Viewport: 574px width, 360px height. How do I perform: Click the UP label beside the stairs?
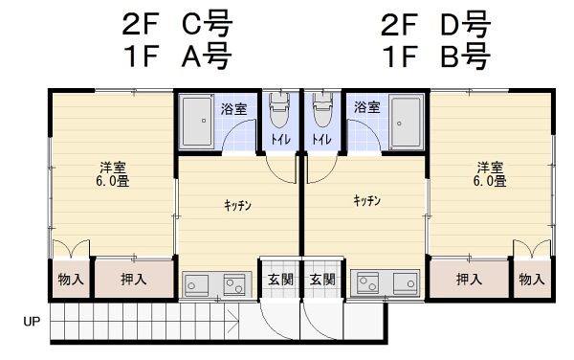coord(32,322)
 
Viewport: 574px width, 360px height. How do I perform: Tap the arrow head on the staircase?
coord(234,322)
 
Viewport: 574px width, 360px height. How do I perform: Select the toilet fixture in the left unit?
coord(279,109)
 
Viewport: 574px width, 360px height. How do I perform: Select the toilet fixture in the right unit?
coord(322,109)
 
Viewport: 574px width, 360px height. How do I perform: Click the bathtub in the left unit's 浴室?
coord(198,121)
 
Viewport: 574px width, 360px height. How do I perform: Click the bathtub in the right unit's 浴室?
coord(406,121)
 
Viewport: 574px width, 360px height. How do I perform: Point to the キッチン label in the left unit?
coord(237,206)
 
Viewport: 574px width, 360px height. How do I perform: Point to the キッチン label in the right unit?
coord(366,200)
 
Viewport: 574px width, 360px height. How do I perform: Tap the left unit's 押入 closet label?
coord(134,279)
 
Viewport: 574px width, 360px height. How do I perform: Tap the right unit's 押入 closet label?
coord(469,279)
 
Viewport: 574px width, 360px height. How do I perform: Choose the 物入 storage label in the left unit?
coord(71,280)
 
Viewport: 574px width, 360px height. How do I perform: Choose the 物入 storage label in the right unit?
coord(532,280)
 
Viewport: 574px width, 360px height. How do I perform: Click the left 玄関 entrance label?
coord(280,280)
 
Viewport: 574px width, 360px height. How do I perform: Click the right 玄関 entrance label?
coord(322,280)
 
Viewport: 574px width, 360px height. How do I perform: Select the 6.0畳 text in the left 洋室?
coord(113,181)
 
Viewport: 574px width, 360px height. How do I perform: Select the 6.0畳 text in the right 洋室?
coord(490,181)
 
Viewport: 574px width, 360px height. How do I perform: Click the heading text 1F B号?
coord(436,56)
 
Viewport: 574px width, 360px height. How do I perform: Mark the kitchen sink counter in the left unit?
coord(217,283)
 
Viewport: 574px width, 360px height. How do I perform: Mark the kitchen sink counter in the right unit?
coord(385,282)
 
